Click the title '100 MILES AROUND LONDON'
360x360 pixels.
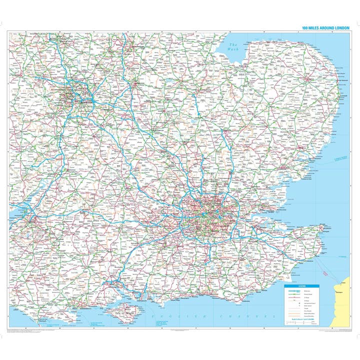[x=325, y=28]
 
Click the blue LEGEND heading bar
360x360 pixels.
[x=301, y=285]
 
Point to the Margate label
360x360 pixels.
[x=322, y=224]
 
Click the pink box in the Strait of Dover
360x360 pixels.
[x=325, y=273]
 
